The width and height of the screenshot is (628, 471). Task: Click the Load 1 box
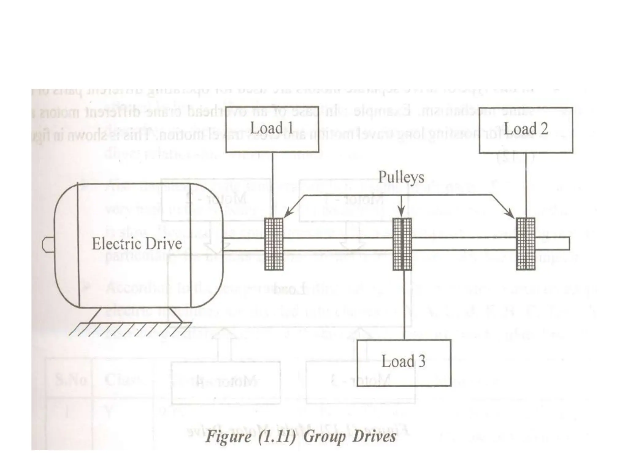coord(272,129)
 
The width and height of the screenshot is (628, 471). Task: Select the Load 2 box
coord(526,130)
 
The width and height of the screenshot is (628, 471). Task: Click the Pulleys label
coord(401,177)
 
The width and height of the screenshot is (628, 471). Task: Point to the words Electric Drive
coord(137,244)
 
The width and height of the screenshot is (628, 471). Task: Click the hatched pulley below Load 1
coord(274,244)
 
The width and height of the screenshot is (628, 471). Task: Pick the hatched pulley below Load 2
coord(526,244)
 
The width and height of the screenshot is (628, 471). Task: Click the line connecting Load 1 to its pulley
coord(272,184)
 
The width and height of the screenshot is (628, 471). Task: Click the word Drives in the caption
coord(374,436)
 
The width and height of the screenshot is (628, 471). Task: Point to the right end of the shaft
coord(568,244)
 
